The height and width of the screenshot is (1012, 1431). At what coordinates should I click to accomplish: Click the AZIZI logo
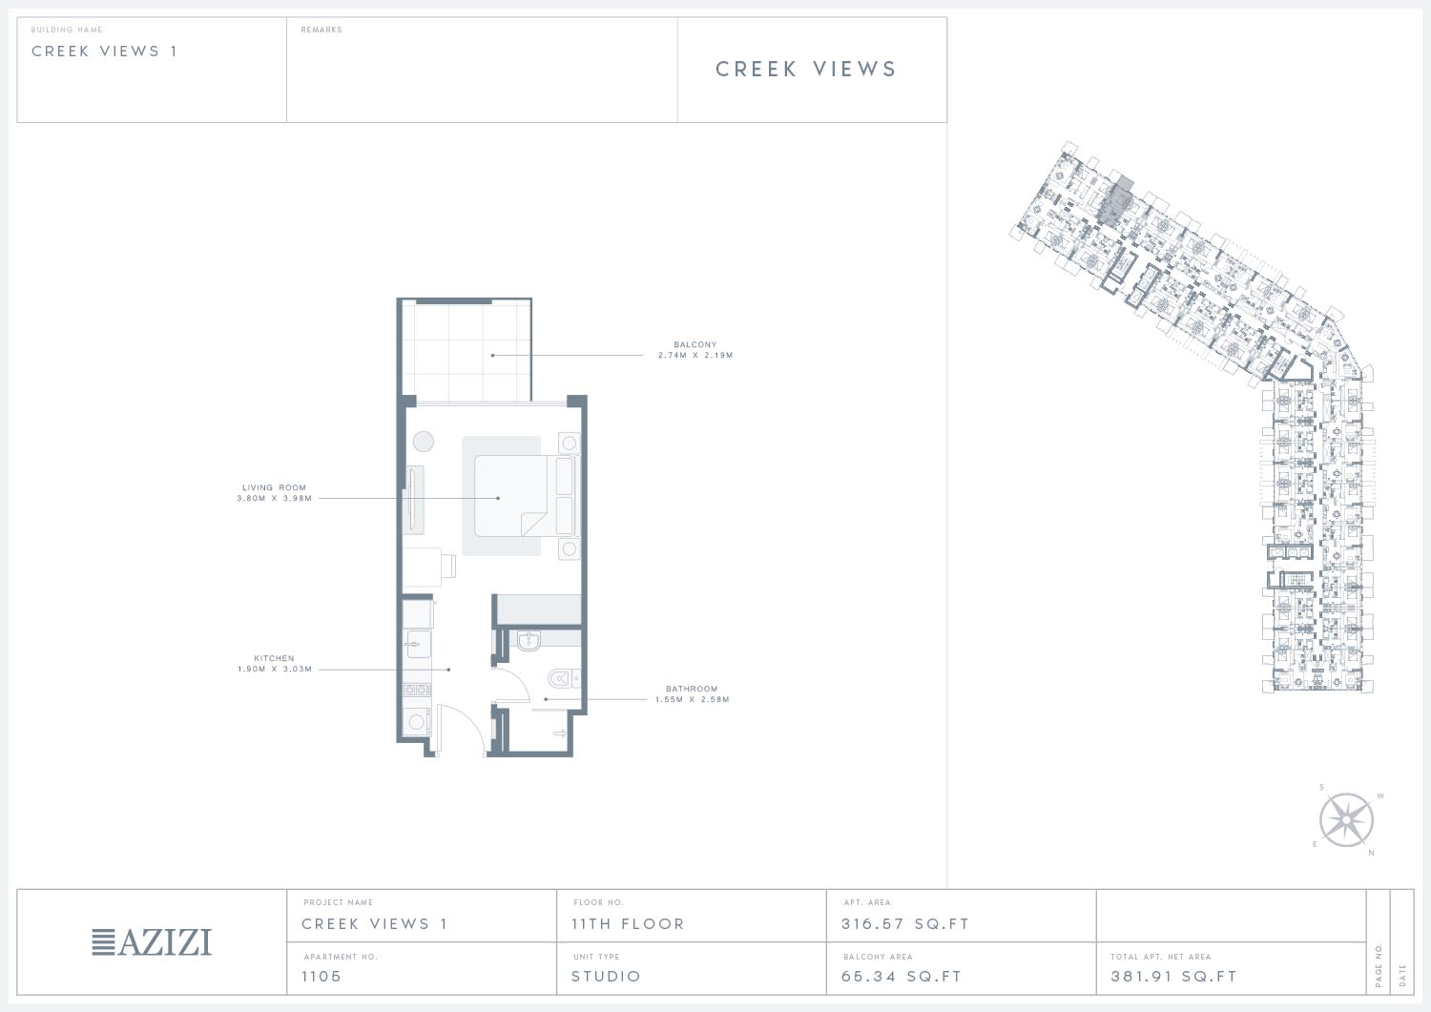click(x=152, y=941)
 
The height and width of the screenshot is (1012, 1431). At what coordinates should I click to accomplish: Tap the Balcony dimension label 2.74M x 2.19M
click(x=695, y=355)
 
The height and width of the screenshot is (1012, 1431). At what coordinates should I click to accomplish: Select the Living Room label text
click(x=274, y=487)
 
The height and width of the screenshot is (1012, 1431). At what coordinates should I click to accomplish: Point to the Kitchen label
click(x=274, y=658)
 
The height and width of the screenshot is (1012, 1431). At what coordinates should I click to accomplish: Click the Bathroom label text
click(x=692, y=689)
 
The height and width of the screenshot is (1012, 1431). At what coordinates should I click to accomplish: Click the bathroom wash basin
click(x=529, y=640)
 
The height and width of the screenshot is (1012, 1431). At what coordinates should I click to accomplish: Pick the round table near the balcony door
click(x=423, y=441)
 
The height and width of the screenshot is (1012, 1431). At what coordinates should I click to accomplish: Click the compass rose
click(x=1346, y=819)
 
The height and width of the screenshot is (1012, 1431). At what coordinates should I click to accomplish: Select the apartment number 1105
click(x=321, y=976)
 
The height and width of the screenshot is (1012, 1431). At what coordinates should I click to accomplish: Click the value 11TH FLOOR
click(x=628, y=924)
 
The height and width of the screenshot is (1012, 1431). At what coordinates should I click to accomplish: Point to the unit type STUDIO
click(x=606, y=976)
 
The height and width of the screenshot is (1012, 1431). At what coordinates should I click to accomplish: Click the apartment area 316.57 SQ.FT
click(x=904, y=924)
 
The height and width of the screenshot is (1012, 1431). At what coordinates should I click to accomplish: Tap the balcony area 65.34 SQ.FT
click(x=902, y=976)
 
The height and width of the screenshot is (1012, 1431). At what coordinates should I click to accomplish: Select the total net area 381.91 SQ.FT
click(x=1173, y=976)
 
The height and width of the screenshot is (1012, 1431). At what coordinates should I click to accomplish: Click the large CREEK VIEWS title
click(x=806, y=69)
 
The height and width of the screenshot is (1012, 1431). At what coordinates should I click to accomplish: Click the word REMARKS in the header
click(x=321, y=30)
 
